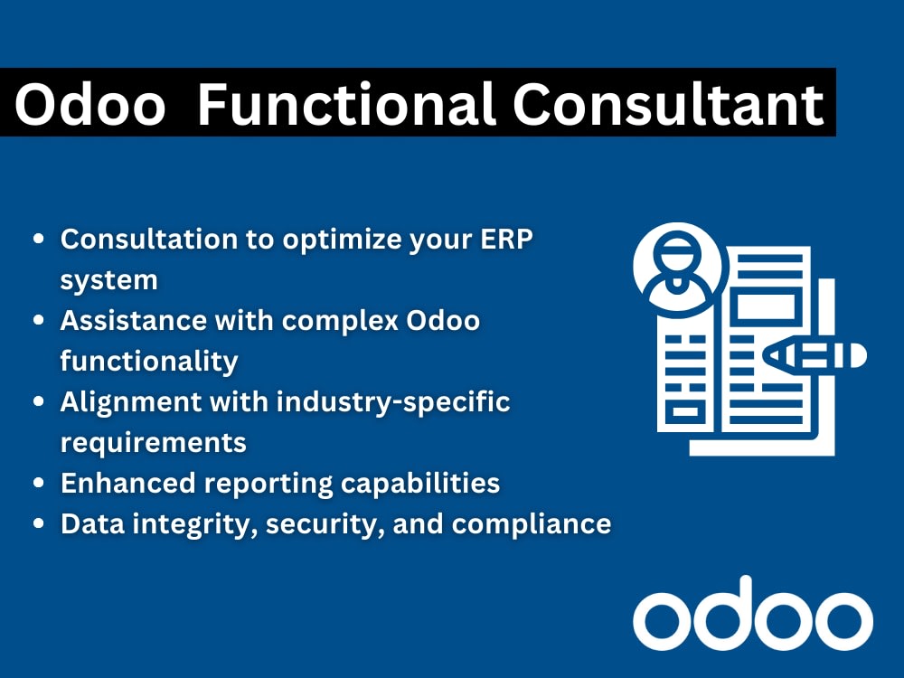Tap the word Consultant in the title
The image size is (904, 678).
[x=669, y=104]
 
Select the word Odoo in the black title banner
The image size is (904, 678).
[x=90, y=104]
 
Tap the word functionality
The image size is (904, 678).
[x=149, y=362]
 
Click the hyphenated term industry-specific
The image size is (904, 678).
[x=393, y=402]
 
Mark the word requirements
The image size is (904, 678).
[x=153, y=443]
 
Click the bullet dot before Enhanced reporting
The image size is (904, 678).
[x=39, y=484]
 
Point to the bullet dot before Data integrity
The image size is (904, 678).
[x=39, y=524]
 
